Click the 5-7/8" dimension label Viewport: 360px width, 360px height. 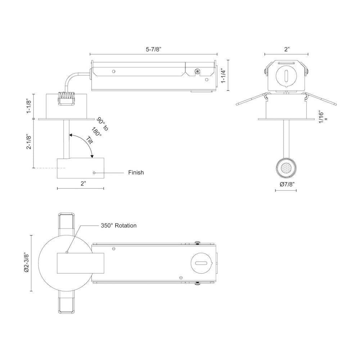point(154,49)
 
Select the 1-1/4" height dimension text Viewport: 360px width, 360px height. point(224,76)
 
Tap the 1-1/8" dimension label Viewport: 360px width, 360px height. point(29,106)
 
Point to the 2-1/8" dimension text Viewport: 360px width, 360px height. point(29,141)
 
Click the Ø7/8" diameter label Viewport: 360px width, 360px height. point(287,184)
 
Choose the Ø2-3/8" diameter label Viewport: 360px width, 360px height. point(27,263)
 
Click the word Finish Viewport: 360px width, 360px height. point(136,172)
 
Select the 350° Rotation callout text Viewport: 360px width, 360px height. point(119,225)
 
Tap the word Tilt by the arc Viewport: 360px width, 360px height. point(90,140)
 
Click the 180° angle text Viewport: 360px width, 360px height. point(96,132)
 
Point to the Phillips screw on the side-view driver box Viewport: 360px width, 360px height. point(197,71)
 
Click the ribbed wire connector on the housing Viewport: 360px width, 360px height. point(67,99)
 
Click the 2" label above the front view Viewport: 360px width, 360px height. point(287,49)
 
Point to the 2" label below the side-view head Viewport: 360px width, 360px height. point(83,184)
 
